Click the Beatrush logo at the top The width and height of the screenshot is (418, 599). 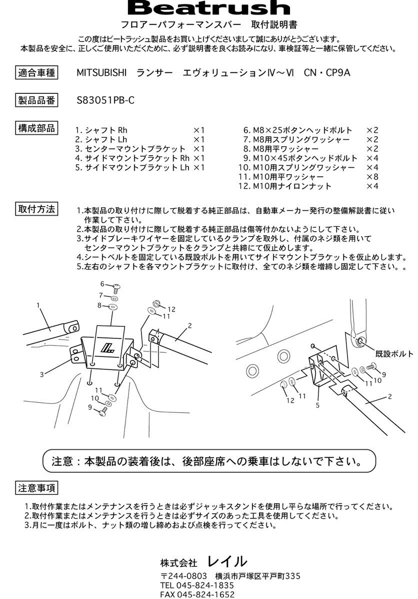tap(209, 8)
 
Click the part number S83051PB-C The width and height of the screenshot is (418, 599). tap(105, 100)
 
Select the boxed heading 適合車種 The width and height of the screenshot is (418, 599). tap(36, 72)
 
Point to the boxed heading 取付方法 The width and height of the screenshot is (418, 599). tap(36, 209)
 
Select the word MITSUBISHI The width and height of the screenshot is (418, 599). tap(101, 72)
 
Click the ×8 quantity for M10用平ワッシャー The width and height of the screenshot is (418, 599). tap(372, 177)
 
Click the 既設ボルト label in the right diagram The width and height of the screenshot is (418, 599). tap(394, 353)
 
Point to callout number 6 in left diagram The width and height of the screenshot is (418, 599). tap(102, 284)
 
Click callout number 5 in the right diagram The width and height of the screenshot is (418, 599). tap(317, 405)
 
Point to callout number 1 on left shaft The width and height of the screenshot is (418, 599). tap(38, 304)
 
